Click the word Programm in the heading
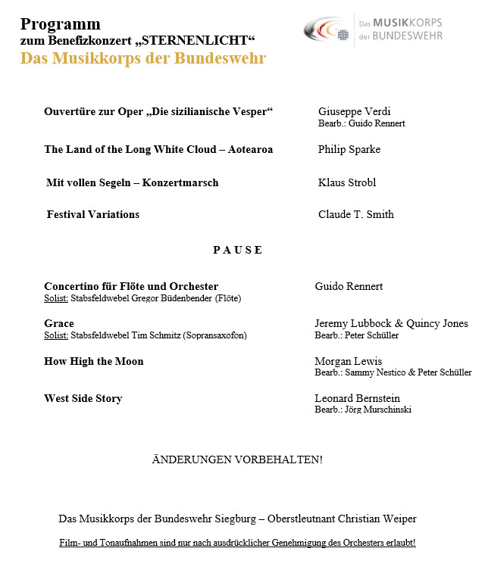61,24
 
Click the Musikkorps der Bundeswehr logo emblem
328,30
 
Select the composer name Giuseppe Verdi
355,111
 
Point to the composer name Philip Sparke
349,149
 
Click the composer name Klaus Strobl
347,182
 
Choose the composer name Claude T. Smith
356,214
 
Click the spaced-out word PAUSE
237,250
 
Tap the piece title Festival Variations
93,214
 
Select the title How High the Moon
94,361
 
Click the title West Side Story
83,398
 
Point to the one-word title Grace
59,323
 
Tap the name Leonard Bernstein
357,398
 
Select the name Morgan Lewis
349,361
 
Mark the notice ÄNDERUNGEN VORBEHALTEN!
237,459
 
